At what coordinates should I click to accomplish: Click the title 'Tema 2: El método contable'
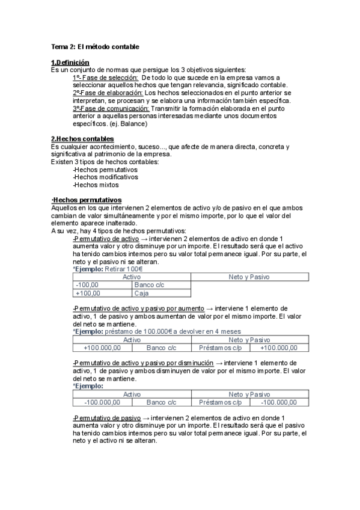click(x=96, y=47)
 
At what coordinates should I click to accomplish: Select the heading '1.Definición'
click(x=70, y=63)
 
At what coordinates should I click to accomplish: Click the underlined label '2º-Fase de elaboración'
click(x=108, y=93)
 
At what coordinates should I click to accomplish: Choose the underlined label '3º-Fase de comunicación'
click(x=111, y=109)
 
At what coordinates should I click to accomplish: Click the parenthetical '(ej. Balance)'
click(x=127, y=124)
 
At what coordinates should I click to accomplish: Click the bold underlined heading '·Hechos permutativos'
click(x=87, y=200)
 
